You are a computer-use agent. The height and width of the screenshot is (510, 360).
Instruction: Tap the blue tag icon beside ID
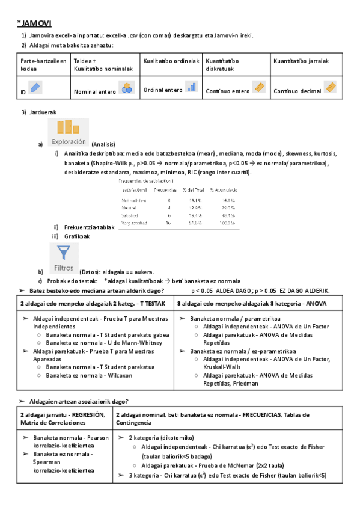point(35,88)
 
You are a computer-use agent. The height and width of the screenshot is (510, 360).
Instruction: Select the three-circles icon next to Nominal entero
point(126,88)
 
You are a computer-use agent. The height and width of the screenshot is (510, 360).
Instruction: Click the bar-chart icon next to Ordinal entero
point(191,87)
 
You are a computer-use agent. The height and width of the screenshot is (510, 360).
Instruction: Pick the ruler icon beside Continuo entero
point(259,88)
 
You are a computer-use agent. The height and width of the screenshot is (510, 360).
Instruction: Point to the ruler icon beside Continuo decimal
point(330,88)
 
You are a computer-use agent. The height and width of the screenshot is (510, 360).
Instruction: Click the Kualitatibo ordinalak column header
point(171,61)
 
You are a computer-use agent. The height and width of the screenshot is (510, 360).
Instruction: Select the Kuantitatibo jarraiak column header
point(301,61)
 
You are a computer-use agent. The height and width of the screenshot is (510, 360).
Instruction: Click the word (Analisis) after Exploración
point(103,144)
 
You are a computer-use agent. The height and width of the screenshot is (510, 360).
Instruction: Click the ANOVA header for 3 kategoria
point(252,303)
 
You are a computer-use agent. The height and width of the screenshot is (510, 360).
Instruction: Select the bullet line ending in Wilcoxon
point(91,375)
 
